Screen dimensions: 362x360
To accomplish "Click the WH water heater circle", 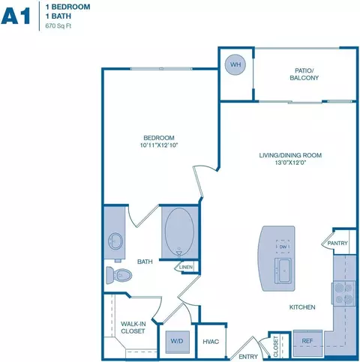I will pos(235,65).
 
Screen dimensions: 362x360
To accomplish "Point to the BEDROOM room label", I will pos(159,137).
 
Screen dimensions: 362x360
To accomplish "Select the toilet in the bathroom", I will pos(118,275).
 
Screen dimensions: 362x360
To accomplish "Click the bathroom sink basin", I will pos(115,241).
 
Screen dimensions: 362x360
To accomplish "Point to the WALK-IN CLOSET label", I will pos(133,328).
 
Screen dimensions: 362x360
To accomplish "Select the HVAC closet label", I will pos(211,342).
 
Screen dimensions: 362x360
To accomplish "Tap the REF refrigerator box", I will pos(307,341).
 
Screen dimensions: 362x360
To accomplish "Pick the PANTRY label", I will pos(337,243).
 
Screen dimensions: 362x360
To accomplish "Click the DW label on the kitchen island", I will pos(283,246).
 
